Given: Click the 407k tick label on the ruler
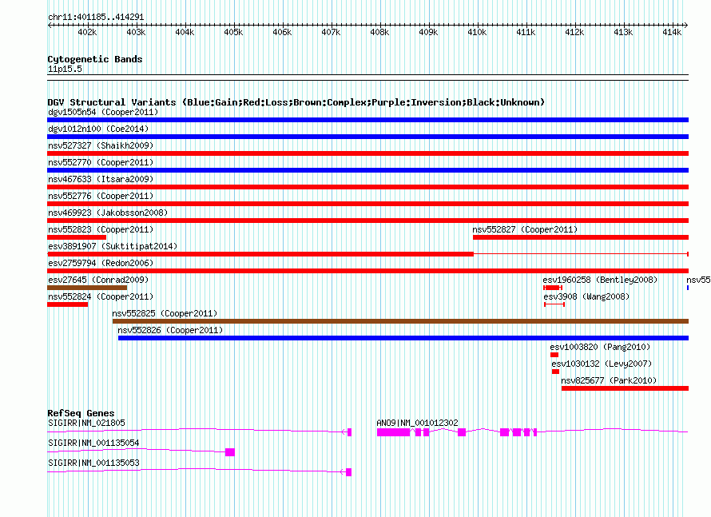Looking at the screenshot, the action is pos(331,32).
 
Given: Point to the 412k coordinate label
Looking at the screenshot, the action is pos(574,32).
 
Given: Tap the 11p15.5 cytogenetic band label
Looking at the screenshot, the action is pos(65,69).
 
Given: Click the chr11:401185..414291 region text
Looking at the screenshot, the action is pos(96,18).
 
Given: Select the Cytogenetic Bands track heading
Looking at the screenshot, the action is pos(95,59).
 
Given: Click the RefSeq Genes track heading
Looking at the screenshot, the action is pos(81,413).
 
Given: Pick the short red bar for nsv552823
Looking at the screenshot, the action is pos(77,237).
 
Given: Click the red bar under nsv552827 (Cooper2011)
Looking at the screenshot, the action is pos(581,237).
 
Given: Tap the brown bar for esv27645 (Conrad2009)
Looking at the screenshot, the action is pos(87,288).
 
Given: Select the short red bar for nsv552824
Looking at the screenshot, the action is pos(68,304).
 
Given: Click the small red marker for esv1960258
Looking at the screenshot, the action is pos(553,288).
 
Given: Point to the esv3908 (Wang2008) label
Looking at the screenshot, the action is pos(586,296).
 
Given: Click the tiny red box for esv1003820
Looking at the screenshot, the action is pos(554,355).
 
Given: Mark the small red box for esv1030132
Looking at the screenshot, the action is pos(555,372).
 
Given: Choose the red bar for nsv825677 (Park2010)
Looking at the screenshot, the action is pos(625,388).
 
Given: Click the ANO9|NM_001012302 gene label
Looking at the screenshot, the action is pos(417,423).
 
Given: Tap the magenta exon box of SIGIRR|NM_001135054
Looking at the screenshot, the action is pos(230,452).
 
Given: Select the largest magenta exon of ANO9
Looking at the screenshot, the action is pos(393,432).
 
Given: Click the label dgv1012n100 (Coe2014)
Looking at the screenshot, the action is pos(98,129).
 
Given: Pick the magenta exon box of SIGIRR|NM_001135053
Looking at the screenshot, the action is pos(348,472).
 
